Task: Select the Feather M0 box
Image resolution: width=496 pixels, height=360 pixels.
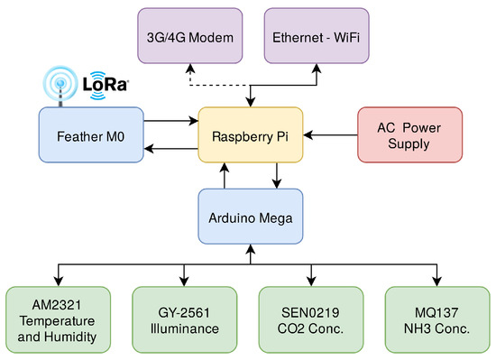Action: pos(91,135)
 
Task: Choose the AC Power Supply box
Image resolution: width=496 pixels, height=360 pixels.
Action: pos(409,135)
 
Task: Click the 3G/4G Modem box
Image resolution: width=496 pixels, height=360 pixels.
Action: pos(189,37)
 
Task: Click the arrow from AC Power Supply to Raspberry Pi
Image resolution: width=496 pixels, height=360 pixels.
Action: pos(330,135)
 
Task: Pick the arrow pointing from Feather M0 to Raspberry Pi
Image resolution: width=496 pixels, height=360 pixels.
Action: pos(171,119)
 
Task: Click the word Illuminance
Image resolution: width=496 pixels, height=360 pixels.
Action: pos(185,329)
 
